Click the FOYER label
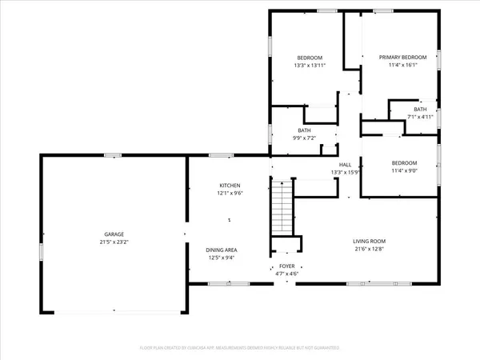pos(286,266)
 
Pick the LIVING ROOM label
pos(370,241)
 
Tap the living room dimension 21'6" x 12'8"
pos(370,249)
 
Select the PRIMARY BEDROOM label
pos(403,57)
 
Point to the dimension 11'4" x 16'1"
pos(403,65)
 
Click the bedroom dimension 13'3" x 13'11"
pos(310,65)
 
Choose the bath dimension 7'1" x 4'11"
pos(420,117)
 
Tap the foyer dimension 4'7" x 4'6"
pos(286,274)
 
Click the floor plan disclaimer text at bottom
pos(240,349)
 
